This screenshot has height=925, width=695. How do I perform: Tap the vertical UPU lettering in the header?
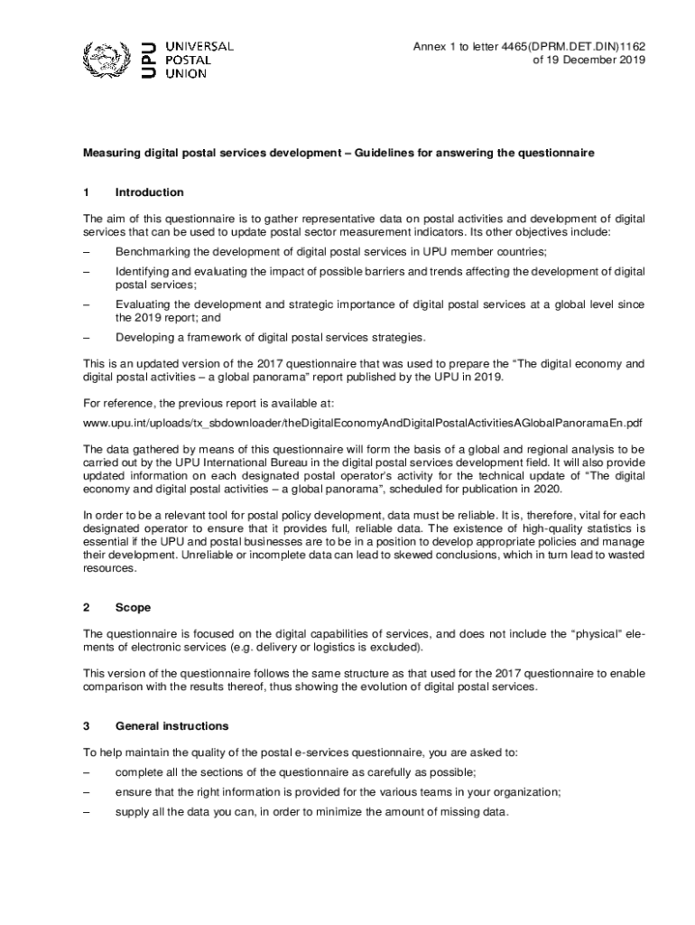pos(150,60)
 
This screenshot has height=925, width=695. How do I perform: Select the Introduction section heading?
pos(149,192)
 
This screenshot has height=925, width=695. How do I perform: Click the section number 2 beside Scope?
pos(87,608)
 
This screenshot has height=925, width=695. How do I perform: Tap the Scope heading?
pos(133,608)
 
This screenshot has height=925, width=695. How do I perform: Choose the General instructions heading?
pos(171,726)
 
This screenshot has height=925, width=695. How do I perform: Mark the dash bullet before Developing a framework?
pos(87,338)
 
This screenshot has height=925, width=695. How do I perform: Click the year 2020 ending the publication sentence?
pos(547,489)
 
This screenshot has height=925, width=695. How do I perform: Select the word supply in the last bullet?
pos(132,811)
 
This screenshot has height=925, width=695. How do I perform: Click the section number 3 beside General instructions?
pos(87,726)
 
